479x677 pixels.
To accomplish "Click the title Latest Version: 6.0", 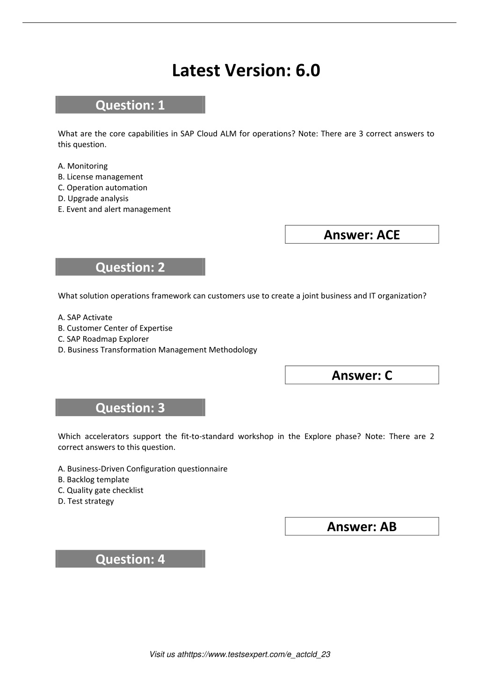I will (246, 71).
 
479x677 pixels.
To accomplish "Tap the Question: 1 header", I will (130, 105).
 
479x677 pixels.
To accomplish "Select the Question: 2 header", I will (130, 267).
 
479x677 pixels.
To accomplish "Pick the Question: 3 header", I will (130, 408).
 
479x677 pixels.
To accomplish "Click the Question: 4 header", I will (130, 559).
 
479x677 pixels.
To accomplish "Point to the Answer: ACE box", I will (362, 235).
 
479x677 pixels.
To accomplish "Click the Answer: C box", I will (362, 375).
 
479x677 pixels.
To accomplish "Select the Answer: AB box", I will (362, 527).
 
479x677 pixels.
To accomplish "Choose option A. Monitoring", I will (83, 166).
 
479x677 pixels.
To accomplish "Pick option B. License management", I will (101, 177).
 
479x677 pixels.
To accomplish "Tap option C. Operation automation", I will (102, 187).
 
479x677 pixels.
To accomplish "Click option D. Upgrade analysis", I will (93, 198).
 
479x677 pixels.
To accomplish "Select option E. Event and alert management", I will (114, 209).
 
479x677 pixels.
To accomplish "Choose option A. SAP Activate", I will (85, 317).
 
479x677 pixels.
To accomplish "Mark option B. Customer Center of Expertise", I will (115, 328).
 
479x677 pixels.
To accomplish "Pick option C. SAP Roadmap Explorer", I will (103, 339).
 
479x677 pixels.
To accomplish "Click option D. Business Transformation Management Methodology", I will (158, 350).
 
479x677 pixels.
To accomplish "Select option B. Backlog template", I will (94, 480).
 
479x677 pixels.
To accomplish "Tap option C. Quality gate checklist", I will (101, 490).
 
